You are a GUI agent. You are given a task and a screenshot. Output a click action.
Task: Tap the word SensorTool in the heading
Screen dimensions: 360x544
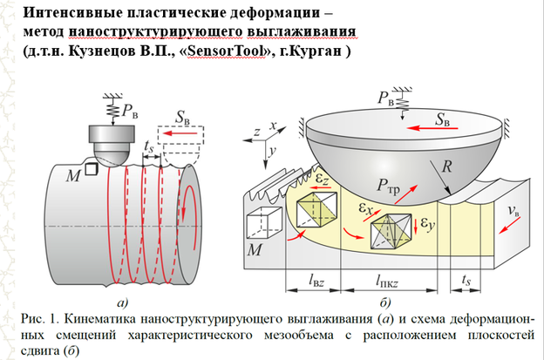click(x=212, y=52)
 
